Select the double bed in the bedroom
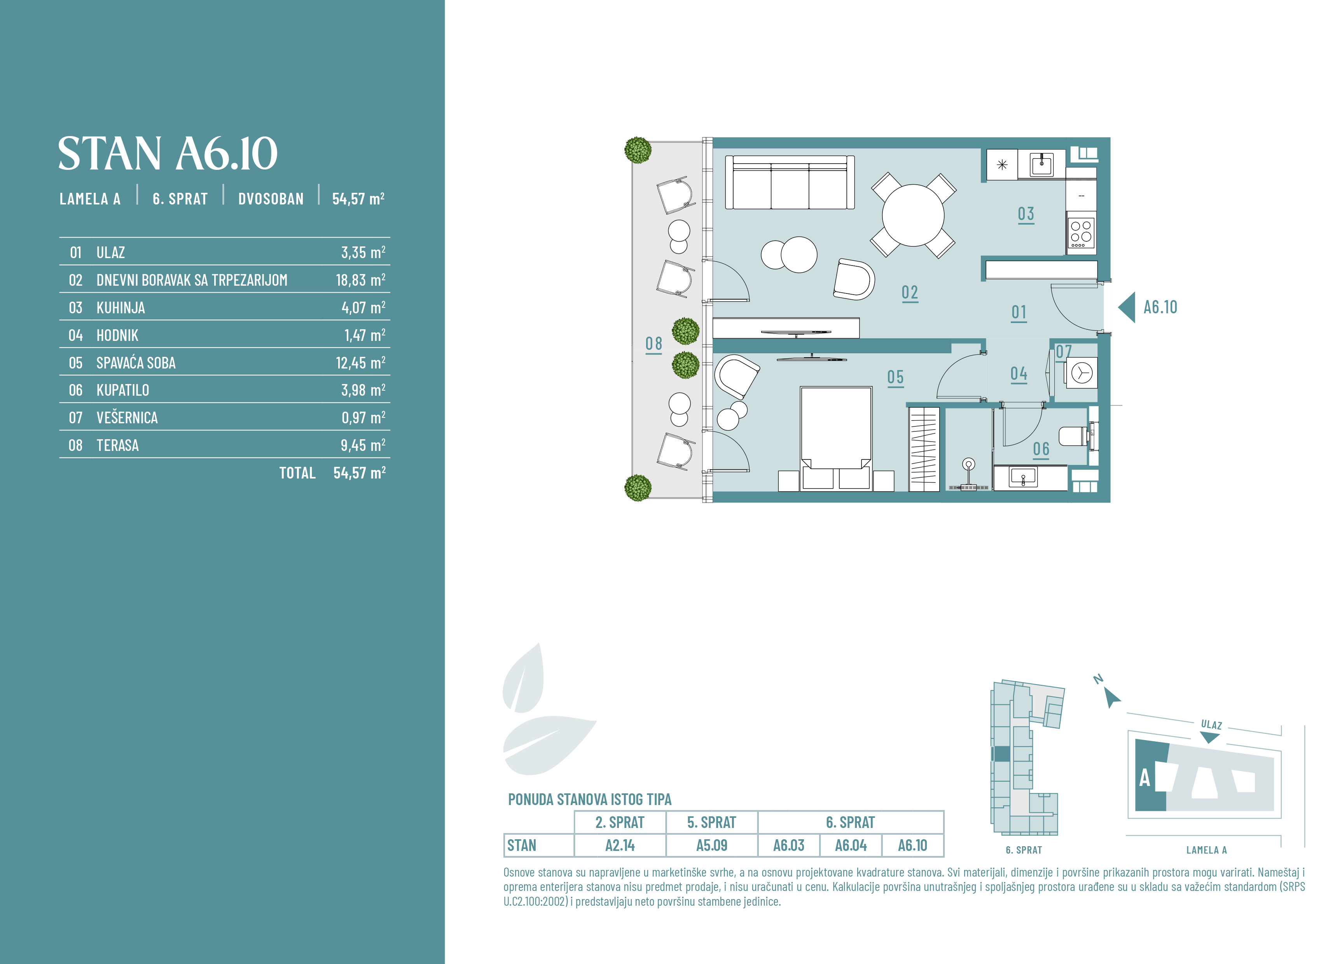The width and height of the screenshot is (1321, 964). pyautogui.click(x=836, y=438)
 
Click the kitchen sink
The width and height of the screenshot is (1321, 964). pyautogui.click(x=1041, y=164)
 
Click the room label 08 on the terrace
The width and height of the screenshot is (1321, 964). pyautogui.click(x=654, y=344)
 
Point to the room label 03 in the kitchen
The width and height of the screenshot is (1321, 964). pyautogui.click(x=1026, y=214)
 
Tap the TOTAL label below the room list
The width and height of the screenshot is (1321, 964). pyautogui.click(x=297, y=473)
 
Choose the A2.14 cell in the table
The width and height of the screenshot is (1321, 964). pyautogui.click(x=620, y=845)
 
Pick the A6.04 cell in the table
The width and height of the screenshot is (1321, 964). pyautogui.click(x=851, y=845)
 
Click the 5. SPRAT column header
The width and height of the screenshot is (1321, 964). pyautogui.click(x=711, y=822)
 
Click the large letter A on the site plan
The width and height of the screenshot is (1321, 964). pyautogui.click(x=1145, y=778)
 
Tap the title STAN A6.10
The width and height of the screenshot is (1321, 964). pyautogui.click(x=168, y=154)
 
